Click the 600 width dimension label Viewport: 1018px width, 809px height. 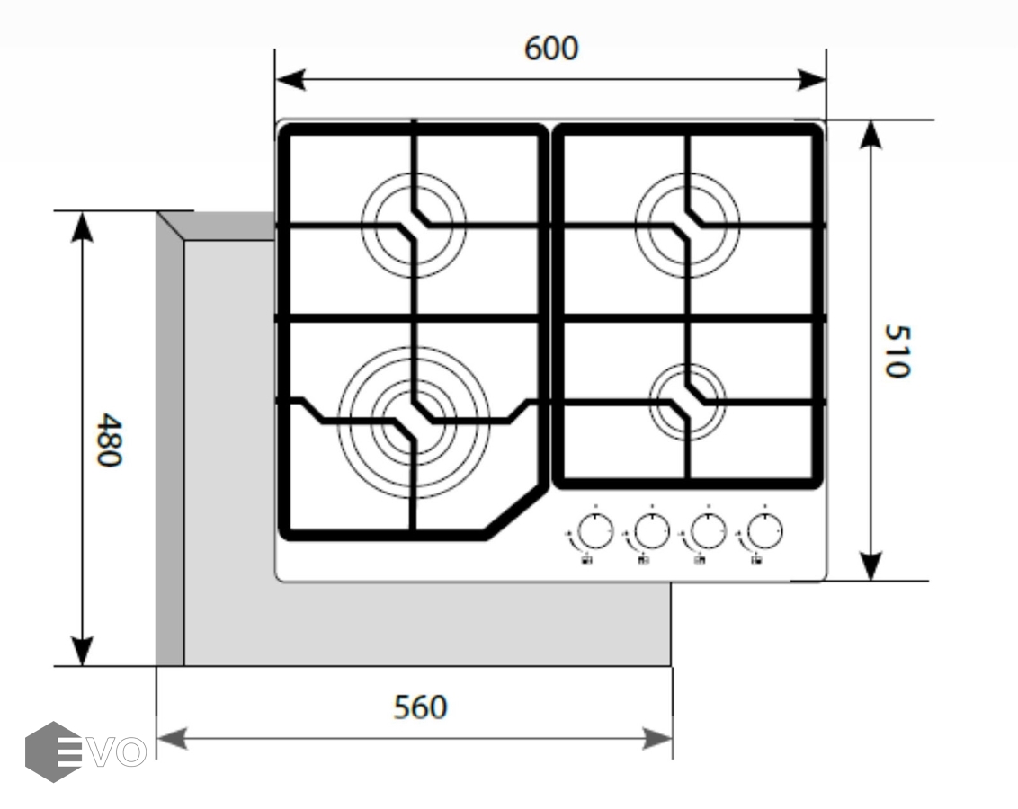(x=551, y=49)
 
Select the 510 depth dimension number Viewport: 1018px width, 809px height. (x=897, y=351)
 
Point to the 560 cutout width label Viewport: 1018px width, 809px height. (x=420, y=707)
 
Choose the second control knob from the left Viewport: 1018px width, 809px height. (x=650, y=532)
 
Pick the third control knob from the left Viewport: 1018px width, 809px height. (x=708, y=532)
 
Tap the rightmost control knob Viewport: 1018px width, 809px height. (x=764, y=532)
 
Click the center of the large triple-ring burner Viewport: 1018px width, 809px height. (x=414, y=414)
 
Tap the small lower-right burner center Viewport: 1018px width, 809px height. (x=688, y=401)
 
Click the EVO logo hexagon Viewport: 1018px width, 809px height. (x=53, y=751)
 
